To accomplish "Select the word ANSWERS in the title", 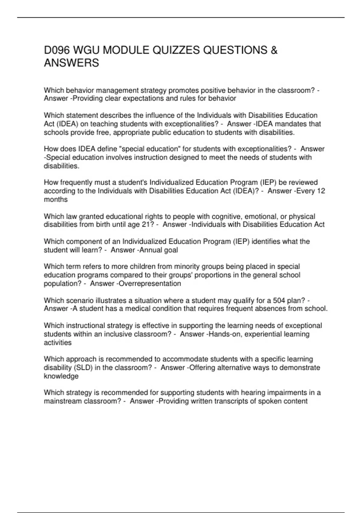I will tap(71, 63).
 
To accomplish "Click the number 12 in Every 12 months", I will tap(321, 191).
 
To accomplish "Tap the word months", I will tap(56, 199).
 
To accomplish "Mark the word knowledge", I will tap(61, 376).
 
